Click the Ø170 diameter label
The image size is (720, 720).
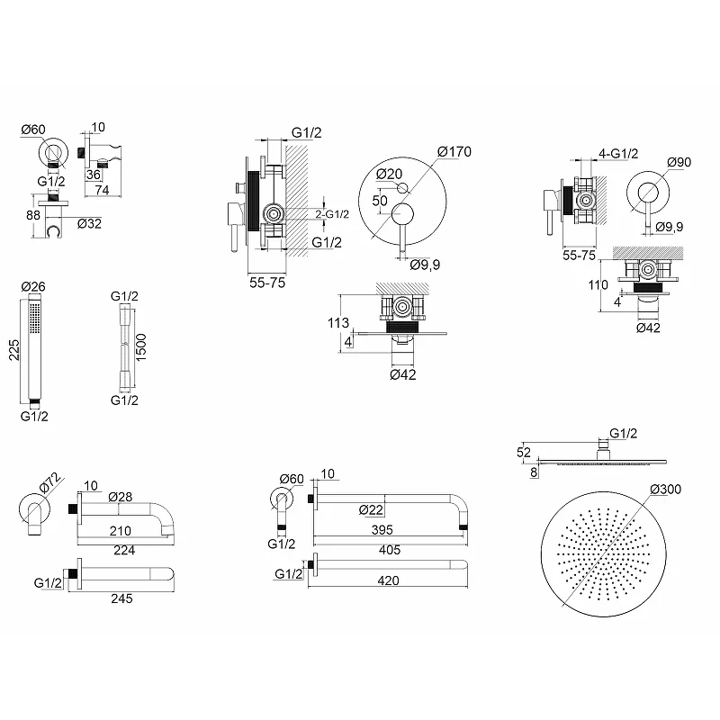(454, 151)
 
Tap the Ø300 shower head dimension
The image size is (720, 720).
(665, 489)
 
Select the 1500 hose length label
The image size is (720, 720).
(140, 347)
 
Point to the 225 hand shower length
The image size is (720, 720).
(14, 350)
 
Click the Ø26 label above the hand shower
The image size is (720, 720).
(33, 286)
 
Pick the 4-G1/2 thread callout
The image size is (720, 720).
(618, 153)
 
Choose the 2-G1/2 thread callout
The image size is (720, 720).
(332, 214)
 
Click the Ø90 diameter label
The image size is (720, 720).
(679, 162)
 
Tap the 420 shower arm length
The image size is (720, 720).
(388, 580)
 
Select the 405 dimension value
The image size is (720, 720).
(390, 550)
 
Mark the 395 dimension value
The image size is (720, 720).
(382, 530)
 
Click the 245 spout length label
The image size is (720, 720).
(121, 598)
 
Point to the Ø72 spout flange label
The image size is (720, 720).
(50, 482)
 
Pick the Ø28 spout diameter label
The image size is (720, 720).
(121, 497)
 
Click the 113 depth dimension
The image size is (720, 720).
(338, 323)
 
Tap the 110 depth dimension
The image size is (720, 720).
(598, 285)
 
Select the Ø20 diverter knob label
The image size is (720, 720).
(389, 174)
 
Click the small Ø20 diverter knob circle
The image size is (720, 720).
(402, 187)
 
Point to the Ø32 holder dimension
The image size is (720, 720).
(89, 223)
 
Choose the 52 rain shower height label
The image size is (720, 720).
(524, 453)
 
